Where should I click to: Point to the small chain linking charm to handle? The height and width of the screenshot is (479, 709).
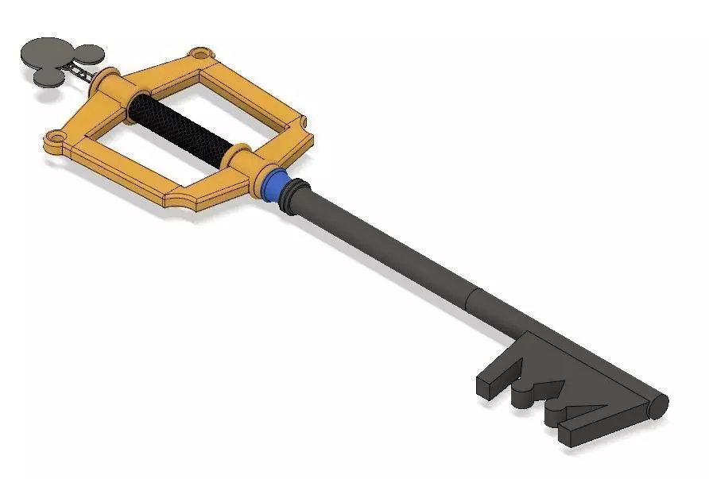84,73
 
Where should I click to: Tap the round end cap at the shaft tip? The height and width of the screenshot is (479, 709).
657,405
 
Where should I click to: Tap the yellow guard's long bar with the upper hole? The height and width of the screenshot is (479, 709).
159,70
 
